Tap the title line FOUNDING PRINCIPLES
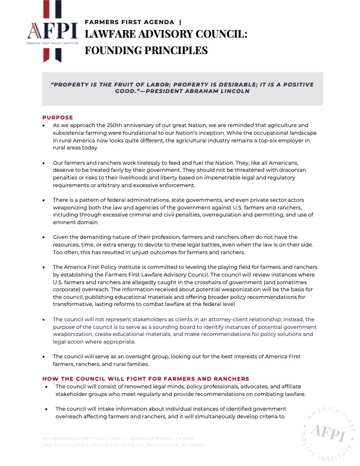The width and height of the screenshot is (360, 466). pyautogui.click(x=146, y=51)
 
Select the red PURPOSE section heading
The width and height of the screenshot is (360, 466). pyautogui.click(x=58, y=118)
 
